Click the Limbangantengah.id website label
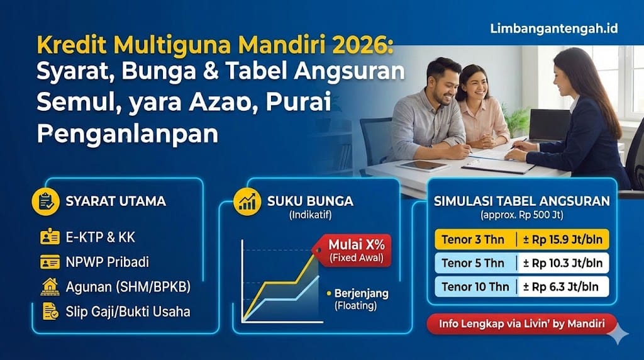pyautogui.click(x=553, y=30)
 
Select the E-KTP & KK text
pyautogui.click(x=100, y=237)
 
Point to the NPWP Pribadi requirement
pyautogui.click(x=107, y=262)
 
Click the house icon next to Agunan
pyautogui.click(x=50, y=286)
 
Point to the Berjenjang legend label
pyautogui.click(x=361, y=294)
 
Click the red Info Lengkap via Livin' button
pyautogui.click(x=521, y=324)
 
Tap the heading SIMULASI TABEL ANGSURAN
pyautogui.click(x=521, y=201)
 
